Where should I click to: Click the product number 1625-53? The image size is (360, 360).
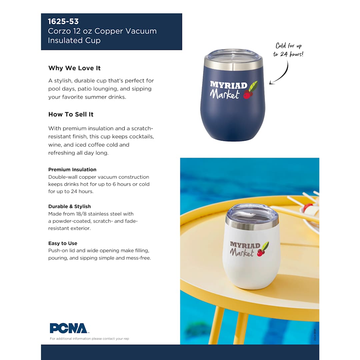[x=63, y=22]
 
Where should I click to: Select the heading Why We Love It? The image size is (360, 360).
[x=74, y=68]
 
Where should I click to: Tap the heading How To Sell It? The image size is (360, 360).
[x=71, y=114]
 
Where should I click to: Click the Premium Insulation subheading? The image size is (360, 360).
[x=72, y=170]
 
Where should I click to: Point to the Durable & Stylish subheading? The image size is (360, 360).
[x=69, y=207]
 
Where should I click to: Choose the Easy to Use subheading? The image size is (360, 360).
[x=63, y=243]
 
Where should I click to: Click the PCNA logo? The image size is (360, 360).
[x=68, y=328]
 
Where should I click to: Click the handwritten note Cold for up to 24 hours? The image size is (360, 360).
[x=288, y=50]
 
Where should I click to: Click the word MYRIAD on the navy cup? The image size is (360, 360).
[x=228, y=85]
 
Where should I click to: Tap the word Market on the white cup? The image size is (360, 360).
[x=242, y=253]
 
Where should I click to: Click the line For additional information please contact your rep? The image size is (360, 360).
[x=89, y=339]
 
